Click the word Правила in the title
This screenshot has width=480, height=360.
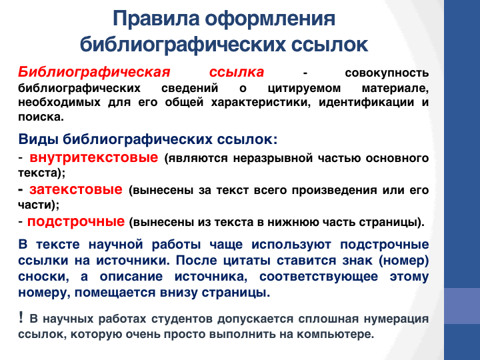click(x=157, y=19)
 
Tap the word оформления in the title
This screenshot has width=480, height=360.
click(x=270, y=19)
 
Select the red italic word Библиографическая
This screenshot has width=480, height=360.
click(x=94, y=73)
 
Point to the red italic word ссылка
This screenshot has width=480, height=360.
click(x=236, y=72)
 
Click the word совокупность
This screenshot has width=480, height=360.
click(x=387, y=73)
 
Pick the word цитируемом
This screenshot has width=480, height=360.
click(x=304, y=88)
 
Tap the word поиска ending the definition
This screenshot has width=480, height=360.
click(x=41, y=117)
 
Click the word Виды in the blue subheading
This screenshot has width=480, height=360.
click(x=38, y=139)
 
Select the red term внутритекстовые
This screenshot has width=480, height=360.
click(x=94, y=157)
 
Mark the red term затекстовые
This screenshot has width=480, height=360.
click(x=76, y=189)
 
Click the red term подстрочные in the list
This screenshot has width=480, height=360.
click(x=76, y=221)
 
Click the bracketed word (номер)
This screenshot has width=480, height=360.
click(x=403, y=261)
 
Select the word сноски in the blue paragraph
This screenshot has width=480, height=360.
click(x=43, y=277)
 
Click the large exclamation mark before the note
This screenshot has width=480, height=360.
click(x=21, y=317)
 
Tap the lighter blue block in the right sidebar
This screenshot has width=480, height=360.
click(x=462, y=306)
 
